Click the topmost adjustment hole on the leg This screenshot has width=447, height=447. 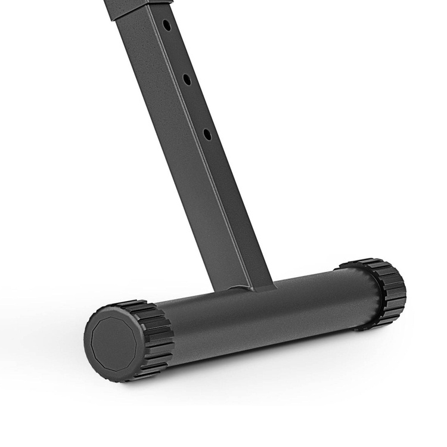coord(167,25)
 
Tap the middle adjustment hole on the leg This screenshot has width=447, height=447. coord(187,79)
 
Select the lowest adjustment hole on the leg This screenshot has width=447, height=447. coord(207,134)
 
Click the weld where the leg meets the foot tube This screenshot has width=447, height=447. coord(241,288)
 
